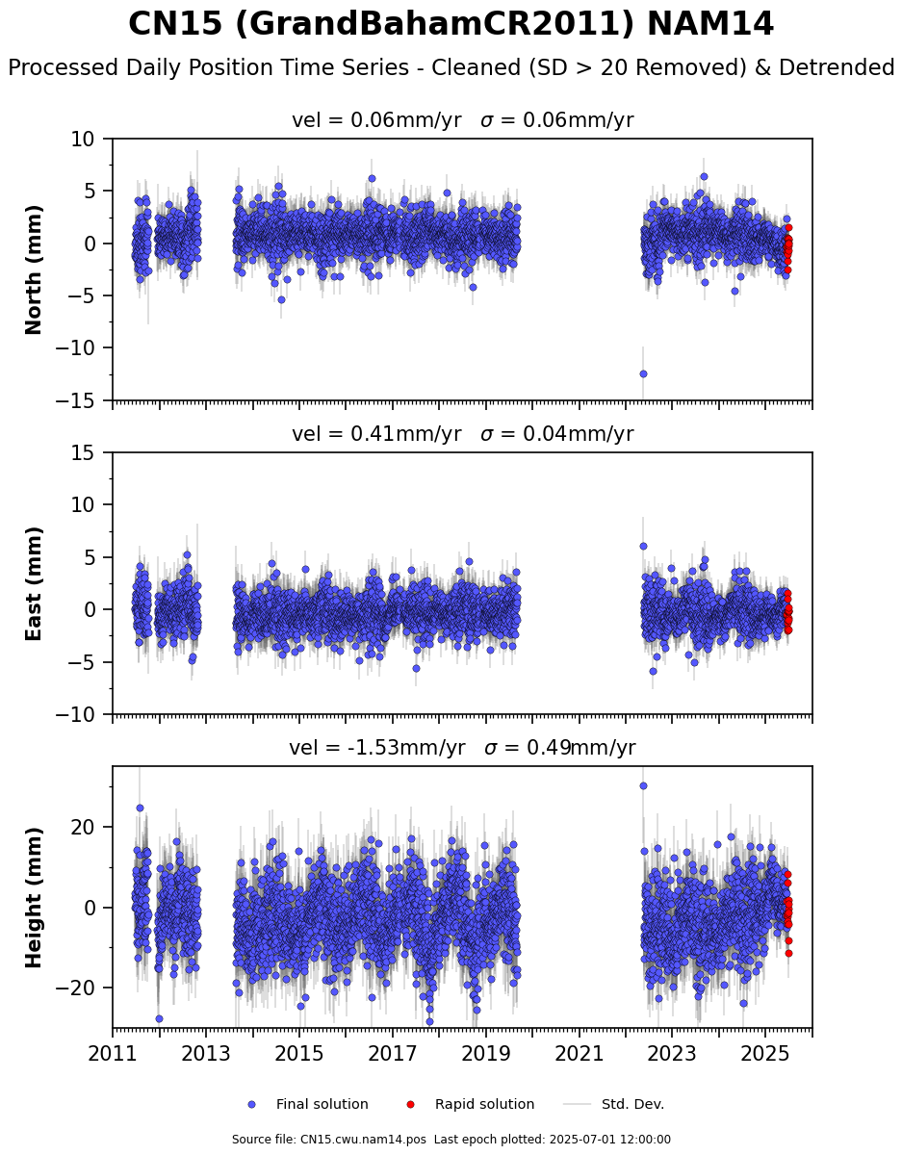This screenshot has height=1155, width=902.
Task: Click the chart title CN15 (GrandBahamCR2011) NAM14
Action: (451, 24)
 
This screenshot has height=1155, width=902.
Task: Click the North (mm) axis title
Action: (33, 270)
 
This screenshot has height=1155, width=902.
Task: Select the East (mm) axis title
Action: (33, 583)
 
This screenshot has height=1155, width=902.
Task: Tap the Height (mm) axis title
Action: (33, 897)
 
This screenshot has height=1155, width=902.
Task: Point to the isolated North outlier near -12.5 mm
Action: (643, 373)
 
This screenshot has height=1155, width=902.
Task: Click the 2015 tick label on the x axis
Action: (299, 1053)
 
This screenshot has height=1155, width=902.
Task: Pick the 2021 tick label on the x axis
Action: (579, 1053)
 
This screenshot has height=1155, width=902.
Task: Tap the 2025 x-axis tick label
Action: (765, 1053)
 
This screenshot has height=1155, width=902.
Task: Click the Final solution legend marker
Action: (252, 1105)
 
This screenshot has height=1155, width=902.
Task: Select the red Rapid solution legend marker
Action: (410, 1105)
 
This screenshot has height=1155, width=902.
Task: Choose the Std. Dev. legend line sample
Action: (578, 1105)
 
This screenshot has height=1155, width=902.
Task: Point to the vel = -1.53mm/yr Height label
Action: (377, 748)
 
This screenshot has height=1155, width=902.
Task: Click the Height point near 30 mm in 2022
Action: (643, 785)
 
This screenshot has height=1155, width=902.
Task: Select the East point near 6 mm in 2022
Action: (643, 546)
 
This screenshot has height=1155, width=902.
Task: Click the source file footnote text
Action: (451, 1139)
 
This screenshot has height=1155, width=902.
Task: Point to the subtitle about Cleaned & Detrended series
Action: (451, 68)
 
